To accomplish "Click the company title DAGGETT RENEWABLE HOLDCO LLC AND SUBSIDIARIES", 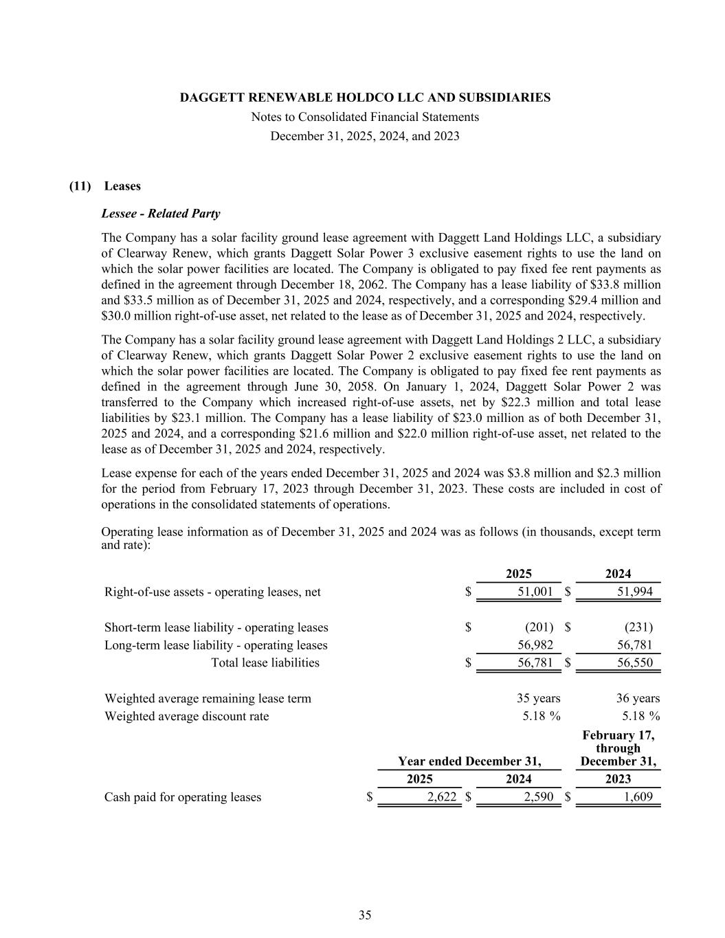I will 365,98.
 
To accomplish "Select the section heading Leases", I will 122,186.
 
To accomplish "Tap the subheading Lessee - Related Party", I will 161,214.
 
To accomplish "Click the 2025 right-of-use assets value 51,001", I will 535,592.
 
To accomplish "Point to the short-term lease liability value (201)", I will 539,627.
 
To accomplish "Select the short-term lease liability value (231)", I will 638,627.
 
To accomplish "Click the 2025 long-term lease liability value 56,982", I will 535,645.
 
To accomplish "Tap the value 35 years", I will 538,698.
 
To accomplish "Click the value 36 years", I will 638,698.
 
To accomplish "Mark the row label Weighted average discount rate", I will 187,716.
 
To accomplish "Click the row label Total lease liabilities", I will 265,662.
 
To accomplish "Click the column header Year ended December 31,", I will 469,761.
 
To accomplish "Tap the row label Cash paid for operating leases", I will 183,797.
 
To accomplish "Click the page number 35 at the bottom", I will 365,915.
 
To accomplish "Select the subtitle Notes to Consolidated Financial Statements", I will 365,117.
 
